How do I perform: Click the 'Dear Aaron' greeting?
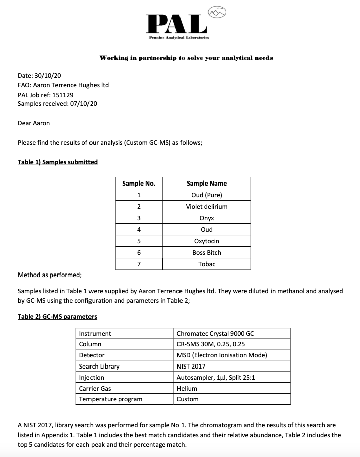(34, 123)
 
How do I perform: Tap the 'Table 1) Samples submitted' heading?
(57, 162)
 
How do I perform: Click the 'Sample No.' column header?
(138, 183)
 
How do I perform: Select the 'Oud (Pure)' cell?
(207, 195)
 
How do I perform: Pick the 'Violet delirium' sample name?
(207, 206)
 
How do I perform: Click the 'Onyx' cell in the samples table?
(207, 218)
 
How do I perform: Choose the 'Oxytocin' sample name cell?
(207, 241)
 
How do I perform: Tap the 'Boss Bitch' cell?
(207, 252)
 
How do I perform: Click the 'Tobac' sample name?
(207, 264)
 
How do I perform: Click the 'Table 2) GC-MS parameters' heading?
(57, 316)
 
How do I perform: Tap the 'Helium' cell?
(187, 388)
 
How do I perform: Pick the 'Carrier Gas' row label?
(95, 388)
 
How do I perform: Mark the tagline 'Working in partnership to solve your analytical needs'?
(186, 58)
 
